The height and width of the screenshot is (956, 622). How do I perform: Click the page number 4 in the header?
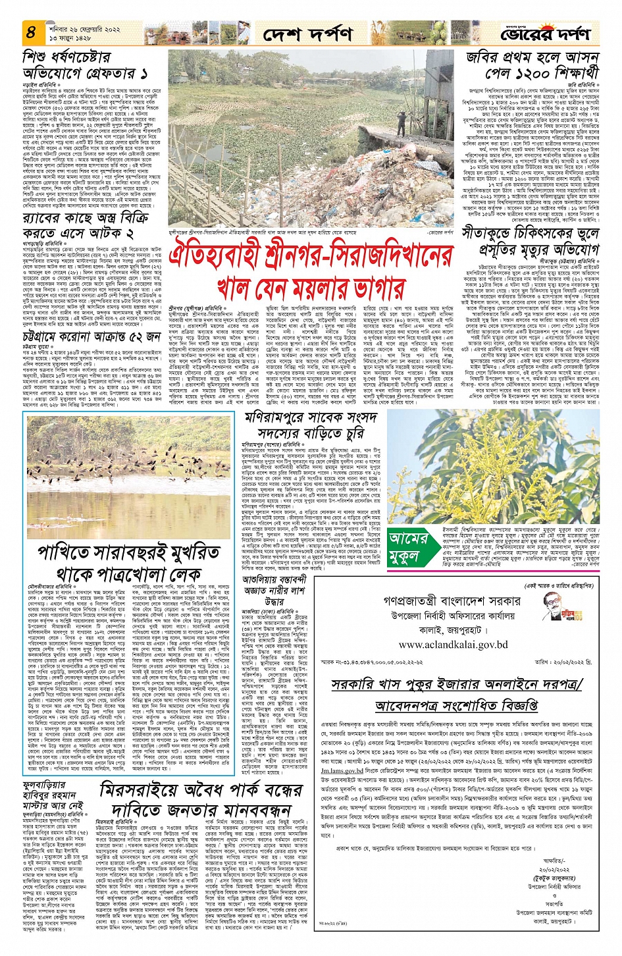31,31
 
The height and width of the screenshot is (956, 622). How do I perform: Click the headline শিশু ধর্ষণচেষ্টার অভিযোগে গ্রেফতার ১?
86,63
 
